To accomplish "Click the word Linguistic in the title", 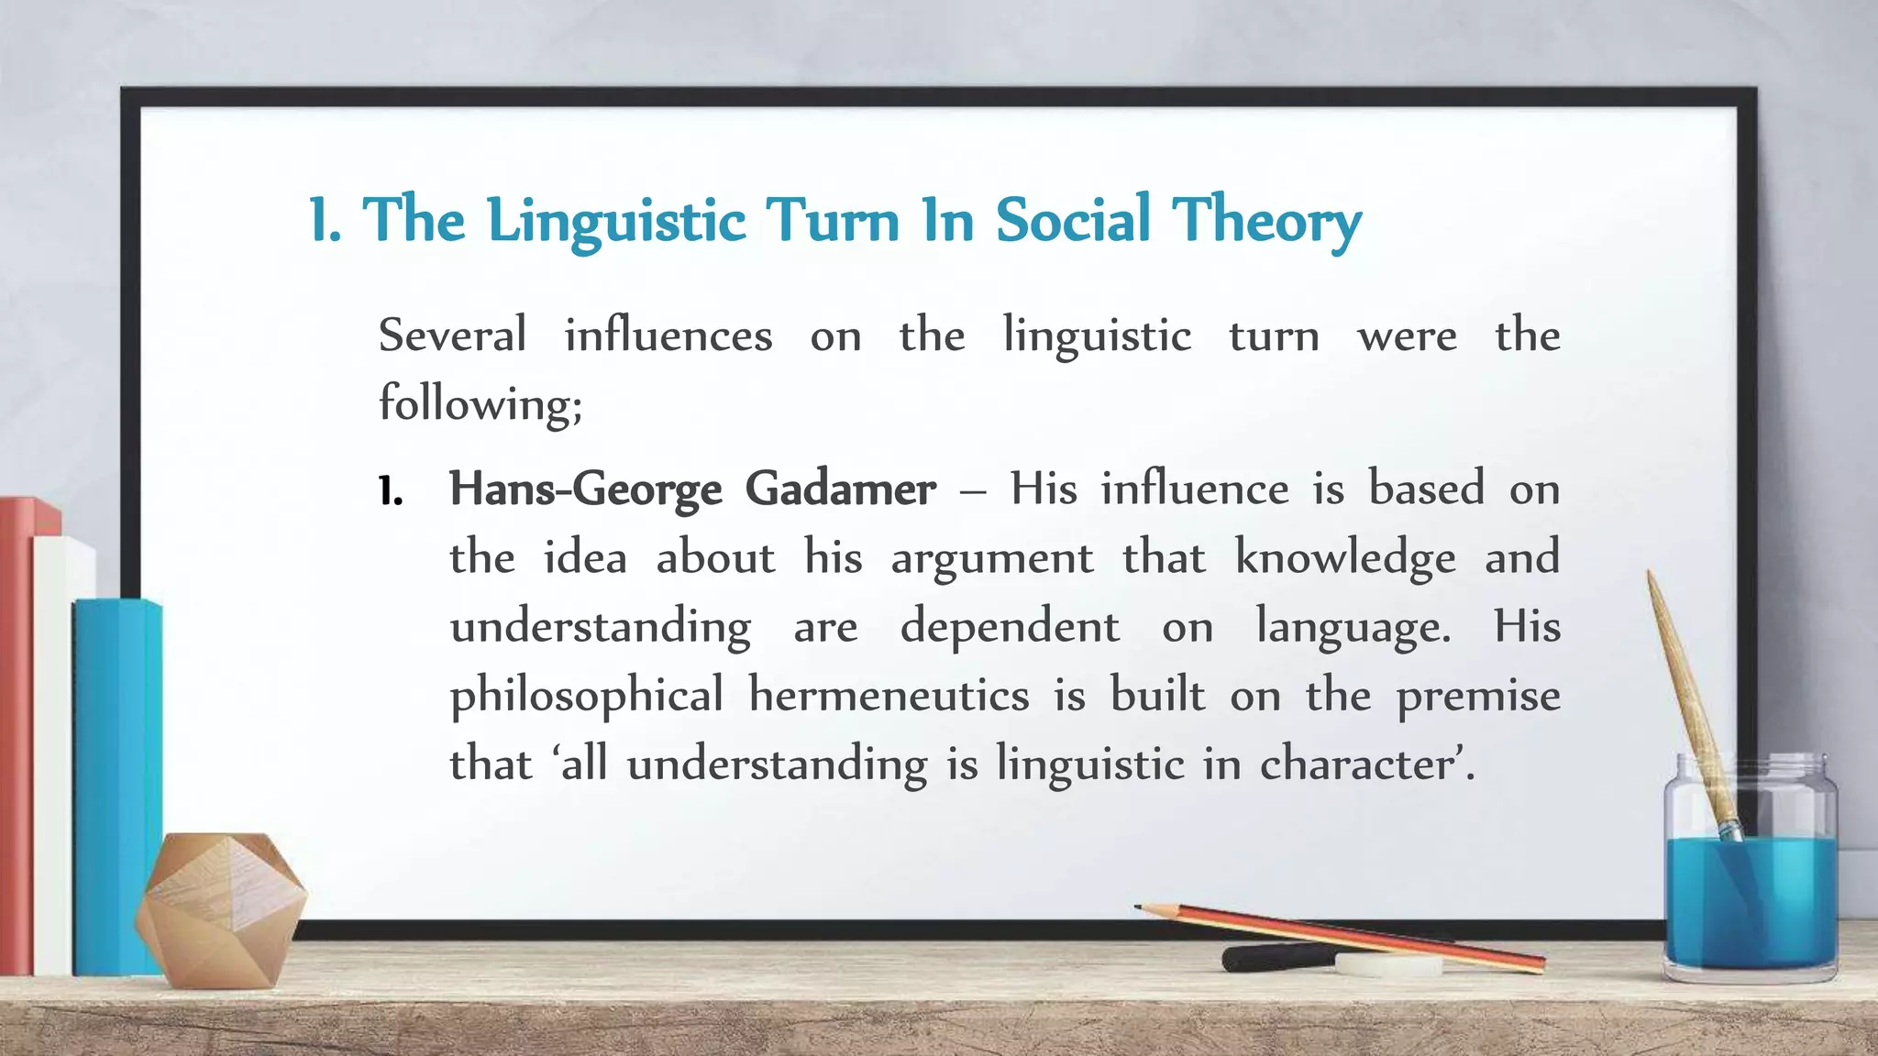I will point(616,222).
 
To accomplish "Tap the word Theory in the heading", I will point(1266,222).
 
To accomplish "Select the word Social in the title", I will point(1073,220).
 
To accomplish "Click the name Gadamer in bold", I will point(840,489).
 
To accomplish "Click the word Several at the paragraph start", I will point(452,335).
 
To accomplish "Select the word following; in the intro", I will point(481,404).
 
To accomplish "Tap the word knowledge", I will point(1345,559).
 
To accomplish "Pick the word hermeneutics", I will point(889,695).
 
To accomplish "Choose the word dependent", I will point(1010,627).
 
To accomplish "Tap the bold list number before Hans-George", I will point(391,492).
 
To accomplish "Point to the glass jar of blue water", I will point(1750,880).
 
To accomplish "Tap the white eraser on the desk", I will point(1388,964).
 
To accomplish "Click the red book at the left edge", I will point(17,733).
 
